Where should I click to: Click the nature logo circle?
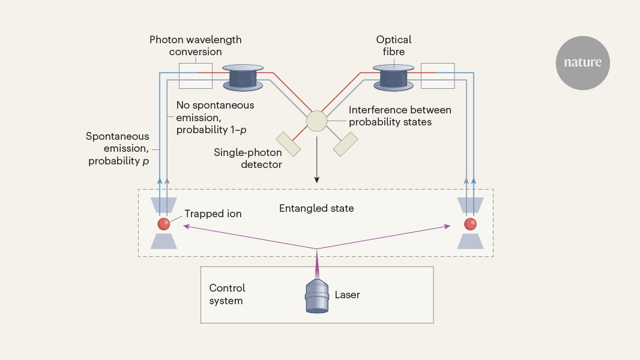coord(582,62)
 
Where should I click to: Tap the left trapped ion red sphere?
coord(163,224)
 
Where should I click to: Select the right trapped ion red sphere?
coord(470,224)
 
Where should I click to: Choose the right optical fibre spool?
coord(393,78)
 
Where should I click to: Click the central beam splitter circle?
coord(316,121)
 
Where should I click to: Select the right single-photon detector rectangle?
coord(345,145)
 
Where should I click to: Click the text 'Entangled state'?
coord(316,209)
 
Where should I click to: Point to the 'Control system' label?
coord(227,295)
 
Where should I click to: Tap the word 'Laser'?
coord(347,295)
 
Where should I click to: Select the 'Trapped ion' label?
coord(213,214)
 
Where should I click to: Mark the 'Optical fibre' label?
coord(393,46)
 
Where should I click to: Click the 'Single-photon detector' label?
coord(248,158)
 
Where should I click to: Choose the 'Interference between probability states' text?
coord(400,116)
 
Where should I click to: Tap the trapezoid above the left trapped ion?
coord(163,205)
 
